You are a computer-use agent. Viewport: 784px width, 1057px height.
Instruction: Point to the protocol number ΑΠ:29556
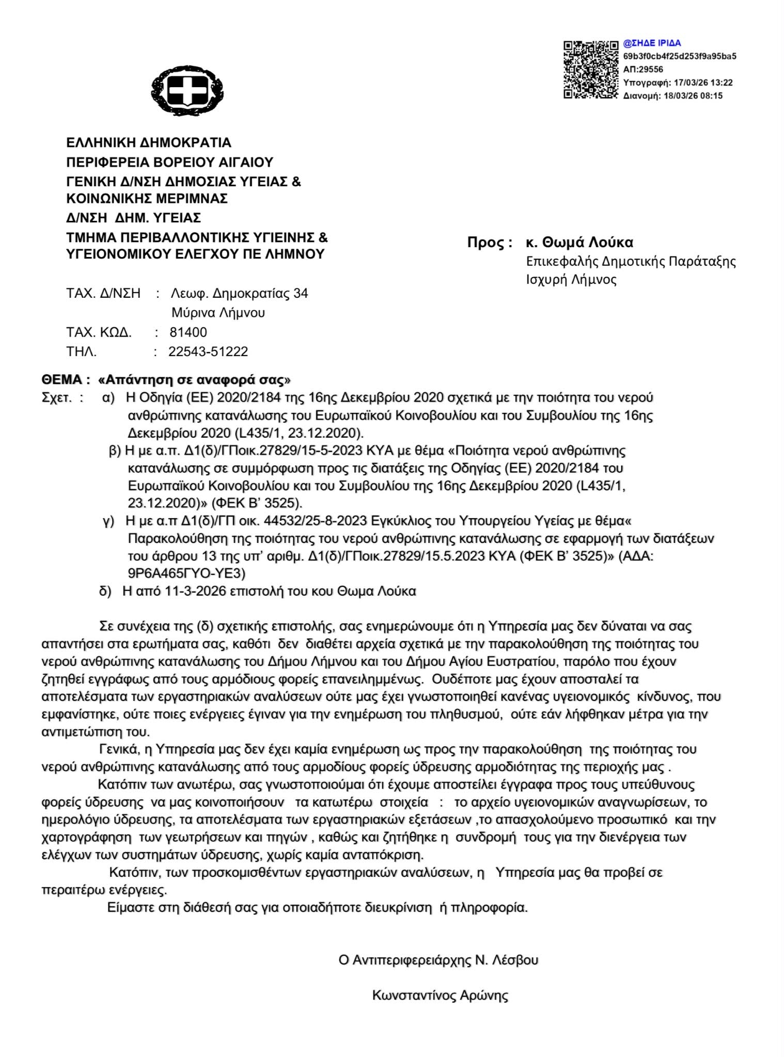pyautogui.click(x=643, y=69)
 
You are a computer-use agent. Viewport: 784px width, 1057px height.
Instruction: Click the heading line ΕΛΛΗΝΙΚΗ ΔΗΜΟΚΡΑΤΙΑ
pyautogui.click(x=149, y=142)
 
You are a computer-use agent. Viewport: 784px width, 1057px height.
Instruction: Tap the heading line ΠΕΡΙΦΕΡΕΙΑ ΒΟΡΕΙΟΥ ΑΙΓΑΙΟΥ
pyautogui.click(x=169, y=162)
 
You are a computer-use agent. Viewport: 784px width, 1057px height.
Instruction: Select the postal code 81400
pyautogui.click(x=188, y=332)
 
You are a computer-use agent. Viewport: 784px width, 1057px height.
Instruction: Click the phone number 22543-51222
pyautogui.click(x=208, y=352)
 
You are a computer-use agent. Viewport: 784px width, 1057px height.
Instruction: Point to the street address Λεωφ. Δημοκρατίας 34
pyautogui.click(x=239, y=294)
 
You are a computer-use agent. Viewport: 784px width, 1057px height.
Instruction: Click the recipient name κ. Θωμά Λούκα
pyautogui.click(x=579, y=242)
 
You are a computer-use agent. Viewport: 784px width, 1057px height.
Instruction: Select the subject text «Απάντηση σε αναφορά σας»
pyautogui.click(x=194, y=380)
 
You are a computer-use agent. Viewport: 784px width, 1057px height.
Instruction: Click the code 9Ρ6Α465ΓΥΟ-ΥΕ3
pyautogui.click(x=186, y=573)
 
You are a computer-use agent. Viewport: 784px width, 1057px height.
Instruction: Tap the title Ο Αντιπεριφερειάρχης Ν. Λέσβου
pyautogui.click(x=438, y=960)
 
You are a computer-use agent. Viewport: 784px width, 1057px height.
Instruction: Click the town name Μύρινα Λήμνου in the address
pyautogui.click(x=218, y=313)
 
